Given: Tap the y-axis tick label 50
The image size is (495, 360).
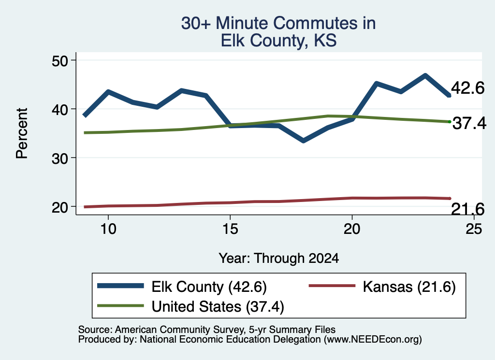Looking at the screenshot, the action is click(x=60, y=60).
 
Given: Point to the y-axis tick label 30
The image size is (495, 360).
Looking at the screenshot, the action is click(x=60, y=158).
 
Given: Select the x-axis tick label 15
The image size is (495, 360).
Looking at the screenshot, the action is click(x=230, y=229).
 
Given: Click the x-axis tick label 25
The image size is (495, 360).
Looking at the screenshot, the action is click(x=474, y=229).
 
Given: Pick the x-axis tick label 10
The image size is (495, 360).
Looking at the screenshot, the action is click(x=108, y=229).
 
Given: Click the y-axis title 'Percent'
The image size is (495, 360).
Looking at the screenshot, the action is click(x=22, y=133).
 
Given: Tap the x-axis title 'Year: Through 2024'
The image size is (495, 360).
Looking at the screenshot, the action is click(x=279, y=258).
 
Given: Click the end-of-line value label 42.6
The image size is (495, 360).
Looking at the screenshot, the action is click(x=467, y=88).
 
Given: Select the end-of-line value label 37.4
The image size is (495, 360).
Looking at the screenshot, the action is click(x=469, y=123).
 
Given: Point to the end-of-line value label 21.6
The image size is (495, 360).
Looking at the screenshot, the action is click(x=467, y=209).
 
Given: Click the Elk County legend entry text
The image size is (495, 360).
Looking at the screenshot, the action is click(x=209, y=287).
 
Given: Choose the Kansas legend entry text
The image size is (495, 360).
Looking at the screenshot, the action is click(x=409, y=287).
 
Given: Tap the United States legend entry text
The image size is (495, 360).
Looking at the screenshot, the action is click(x=218, y=307).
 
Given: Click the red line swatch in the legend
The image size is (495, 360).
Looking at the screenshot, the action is click(x=332, y=286).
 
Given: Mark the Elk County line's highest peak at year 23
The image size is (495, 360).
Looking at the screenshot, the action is click(x=425, y=76).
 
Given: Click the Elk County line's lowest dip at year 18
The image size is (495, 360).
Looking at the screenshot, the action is click(x=303, y=141).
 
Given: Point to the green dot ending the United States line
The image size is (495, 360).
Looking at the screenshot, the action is click(x=450, y=122).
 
